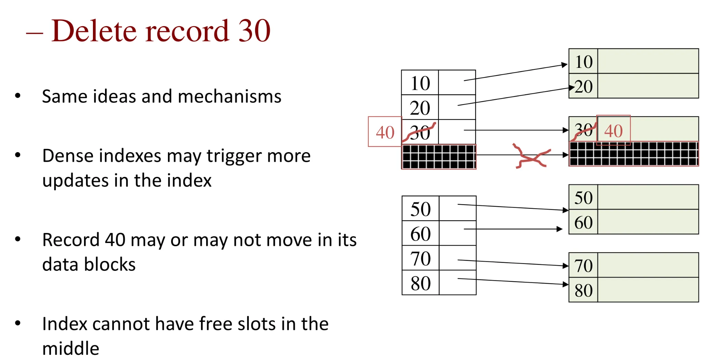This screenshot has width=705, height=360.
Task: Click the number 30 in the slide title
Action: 254,31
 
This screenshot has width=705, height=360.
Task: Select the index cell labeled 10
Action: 420,83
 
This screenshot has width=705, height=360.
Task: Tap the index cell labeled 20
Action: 420,108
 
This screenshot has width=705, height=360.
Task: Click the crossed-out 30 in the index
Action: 420,132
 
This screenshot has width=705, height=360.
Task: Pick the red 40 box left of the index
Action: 385,132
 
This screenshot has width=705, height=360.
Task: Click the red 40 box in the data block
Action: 613,130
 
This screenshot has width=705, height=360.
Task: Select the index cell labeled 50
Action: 420,209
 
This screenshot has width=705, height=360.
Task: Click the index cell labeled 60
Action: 420,234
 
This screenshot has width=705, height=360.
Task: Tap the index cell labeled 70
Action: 420,258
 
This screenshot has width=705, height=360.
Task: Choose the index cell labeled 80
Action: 420,283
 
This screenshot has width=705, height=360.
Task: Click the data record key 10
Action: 583,62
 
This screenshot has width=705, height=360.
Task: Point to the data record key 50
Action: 583,198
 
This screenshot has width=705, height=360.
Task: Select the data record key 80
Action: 583,290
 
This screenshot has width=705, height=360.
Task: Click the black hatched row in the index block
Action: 439,157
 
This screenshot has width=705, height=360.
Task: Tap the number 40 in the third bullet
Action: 115,240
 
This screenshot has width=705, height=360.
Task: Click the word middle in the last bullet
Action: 71,349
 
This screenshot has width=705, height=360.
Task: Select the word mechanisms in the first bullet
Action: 230,96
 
